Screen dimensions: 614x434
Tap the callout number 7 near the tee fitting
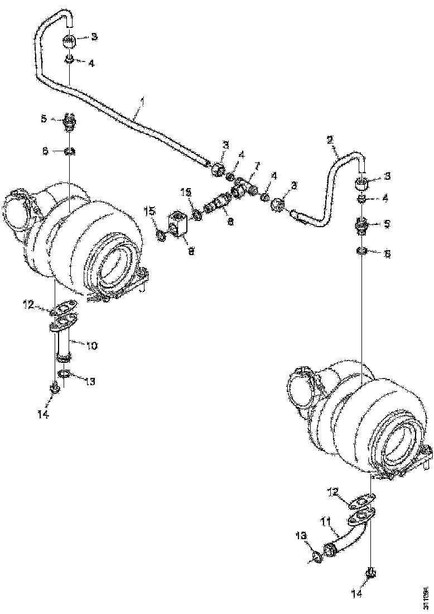(x=257, y=166)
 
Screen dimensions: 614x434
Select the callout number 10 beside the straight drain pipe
(x=91, y=346)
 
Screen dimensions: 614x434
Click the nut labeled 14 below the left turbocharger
(x=55, y=389)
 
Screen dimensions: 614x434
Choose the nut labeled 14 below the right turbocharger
(x=370, y=573)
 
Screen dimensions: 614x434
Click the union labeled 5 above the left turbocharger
(x=69, y=121)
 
